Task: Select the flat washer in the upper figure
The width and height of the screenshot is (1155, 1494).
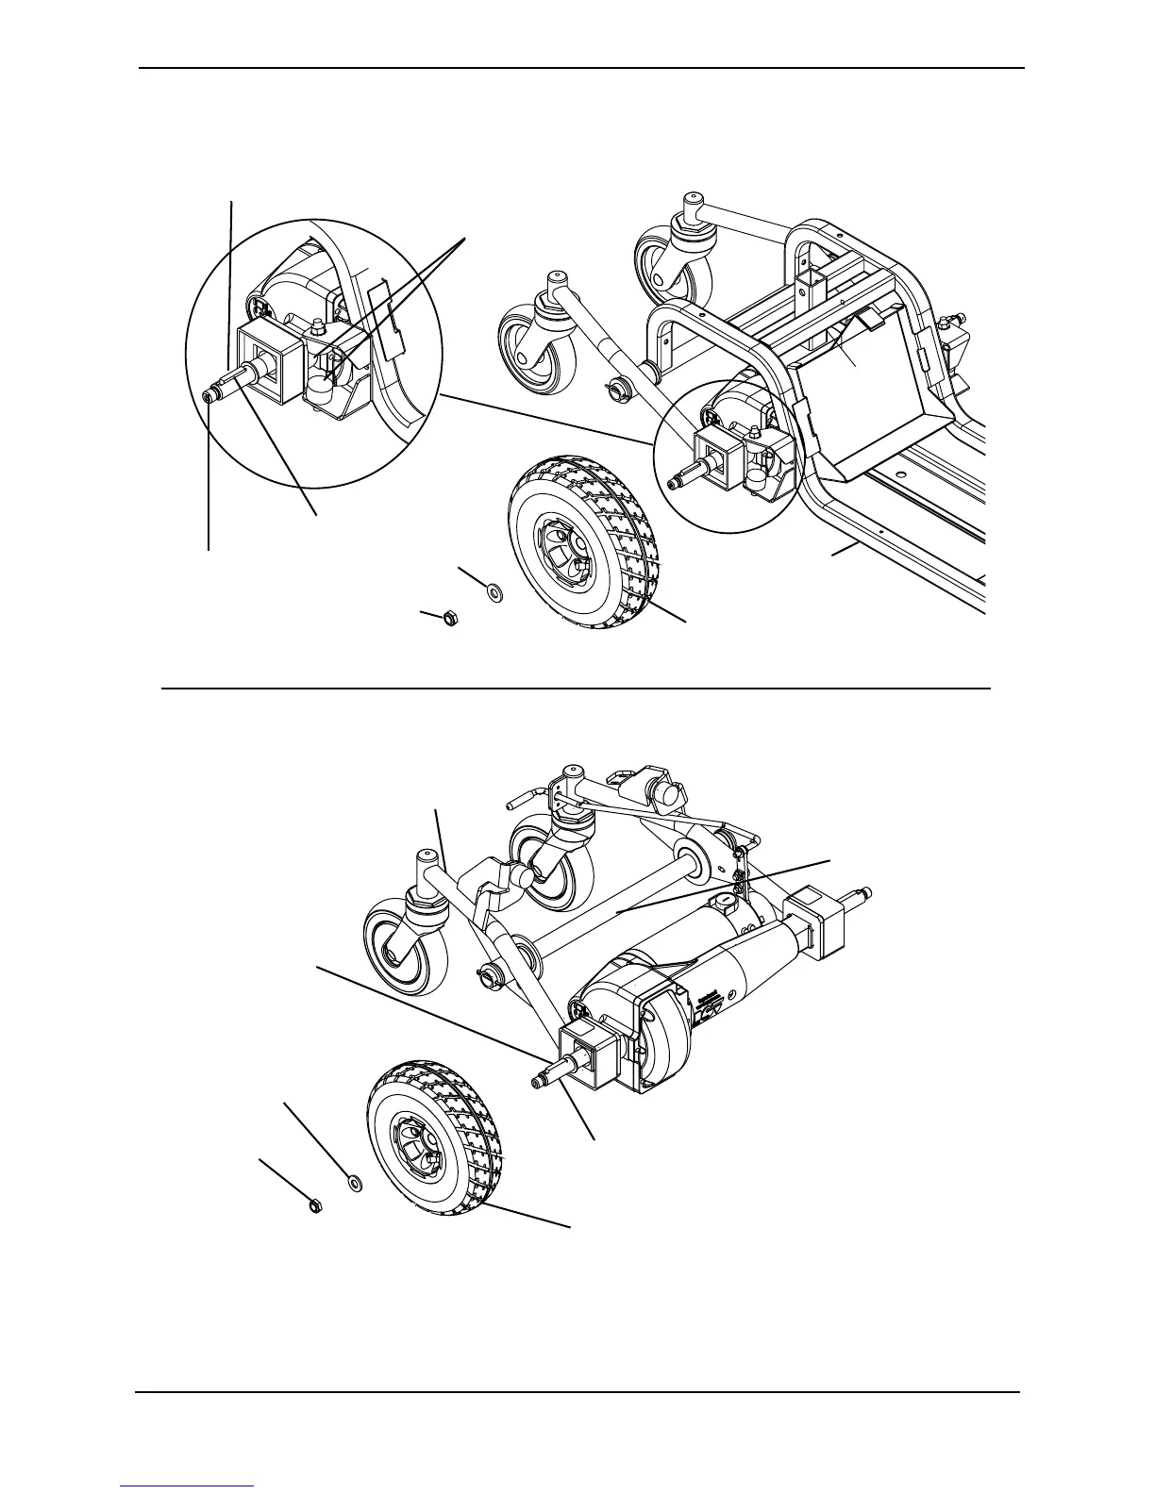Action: [494, 592]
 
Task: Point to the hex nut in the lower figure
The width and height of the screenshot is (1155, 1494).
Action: [315, 1207]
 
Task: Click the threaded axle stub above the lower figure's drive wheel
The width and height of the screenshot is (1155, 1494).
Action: [546, 1078]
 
